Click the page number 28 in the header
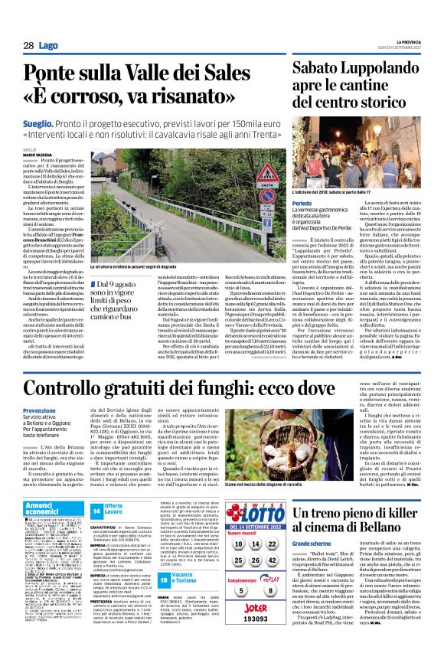tap(28, 46)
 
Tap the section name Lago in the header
tap(48, 46)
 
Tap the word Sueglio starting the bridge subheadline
tap(38, 122)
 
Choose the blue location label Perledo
tap(303, 183)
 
